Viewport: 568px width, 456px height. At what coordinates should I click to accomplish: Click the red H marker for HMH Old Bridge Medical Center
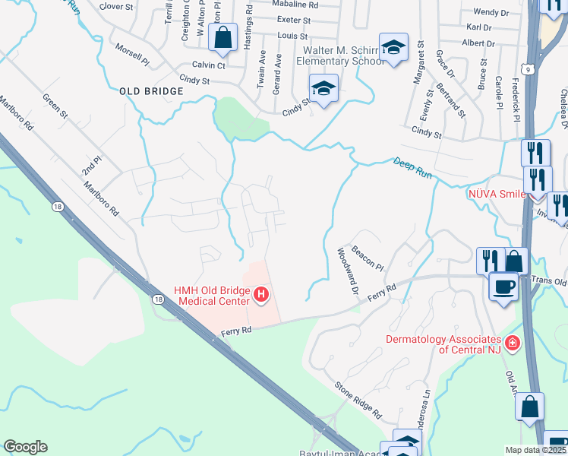point(262,293)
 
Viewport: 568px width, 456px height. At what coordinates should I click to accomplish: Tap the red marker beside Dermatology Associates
point(513,344)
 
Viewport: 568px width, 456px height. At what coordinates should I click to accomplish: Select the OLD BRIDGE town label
point(152,91)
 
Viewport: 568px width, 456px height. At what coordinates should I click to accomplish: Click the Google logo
point(25,447)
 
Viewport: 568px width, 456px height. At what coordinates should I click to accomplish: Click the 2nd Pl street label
point(93,166)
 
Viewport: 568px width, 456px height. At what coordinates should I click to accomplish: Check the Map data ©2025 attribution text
point(536,450)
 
